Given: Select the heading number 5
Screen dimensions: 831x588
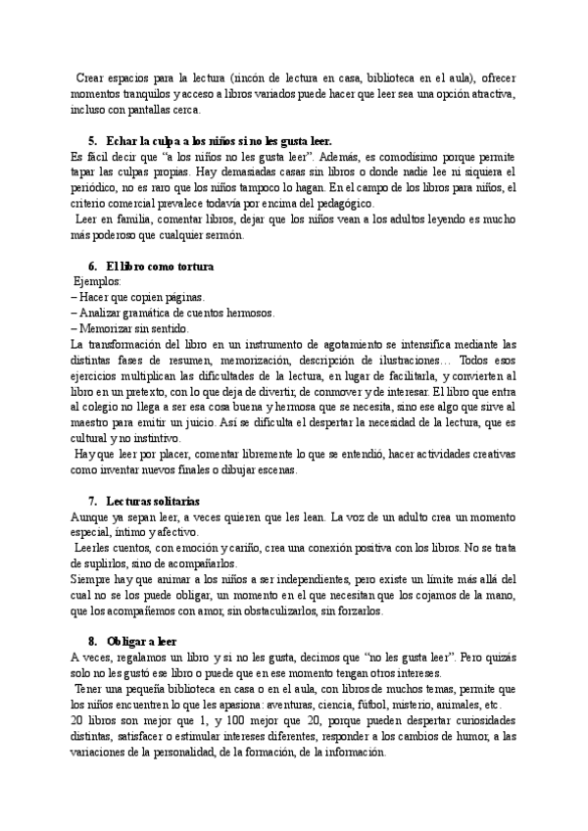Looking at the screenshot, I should (x=91, y=140).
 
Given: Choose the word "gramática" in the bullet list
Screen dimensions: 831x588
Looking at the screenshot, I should (x=153, y=313).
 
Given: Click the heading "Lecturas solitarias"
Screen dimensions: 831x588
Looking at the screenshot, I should (x=143, y=501).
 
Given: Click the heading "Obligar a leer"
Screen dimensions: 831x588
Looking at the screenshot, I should (x=140, y=642).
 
